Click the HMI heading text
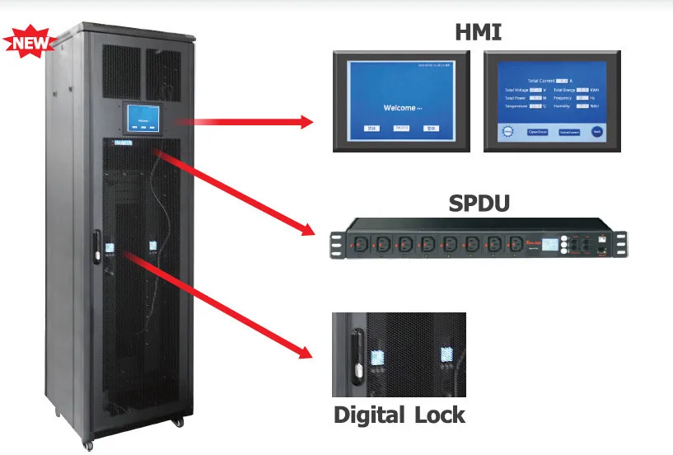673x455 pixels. (x=479, y=32)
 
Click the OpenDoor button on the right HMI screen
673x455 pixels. (x=537, y=132)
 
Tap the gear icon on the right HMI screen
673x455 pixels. (x=507, y=132)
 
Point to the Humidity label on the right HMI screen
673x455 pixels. (x=563, y=106)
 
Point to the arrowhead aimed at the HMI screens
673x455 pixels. (x=306, y=123)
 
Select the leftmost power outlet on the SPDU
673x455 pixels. (x=361, y=244)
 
